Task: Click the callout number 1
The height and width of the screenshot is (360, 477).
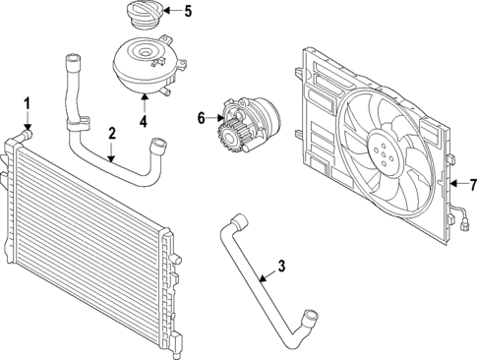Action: click(x=28, y=102)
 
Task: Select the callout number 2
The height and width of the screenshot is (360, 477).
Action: click(x=112, y=132)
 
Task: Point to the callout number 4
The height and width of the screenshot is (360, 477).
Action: click(x=143, y=122)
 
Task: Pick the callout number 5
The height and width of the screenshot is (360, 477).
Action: click(x=189, y=12)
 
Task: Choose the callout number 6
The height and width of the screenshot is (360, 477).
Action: click(x=202, y=118)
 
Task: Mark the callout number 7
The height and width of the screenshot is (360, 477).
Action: click(x=471, y=183)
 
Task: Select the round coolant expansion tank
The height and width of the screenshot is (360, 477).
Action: click(x=144, y=65)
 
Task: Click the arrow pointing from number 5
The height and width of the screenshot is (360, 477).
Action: click(x=170, y=12)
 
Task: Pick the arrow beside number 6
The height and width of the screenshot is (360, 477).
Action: click(x=215, y=118)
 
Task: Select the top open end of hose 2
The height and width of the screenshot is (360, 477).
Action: click(x=70, y=62)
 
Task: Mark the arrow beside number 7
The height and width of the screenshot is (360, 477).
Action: click(x=456, y=183)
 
